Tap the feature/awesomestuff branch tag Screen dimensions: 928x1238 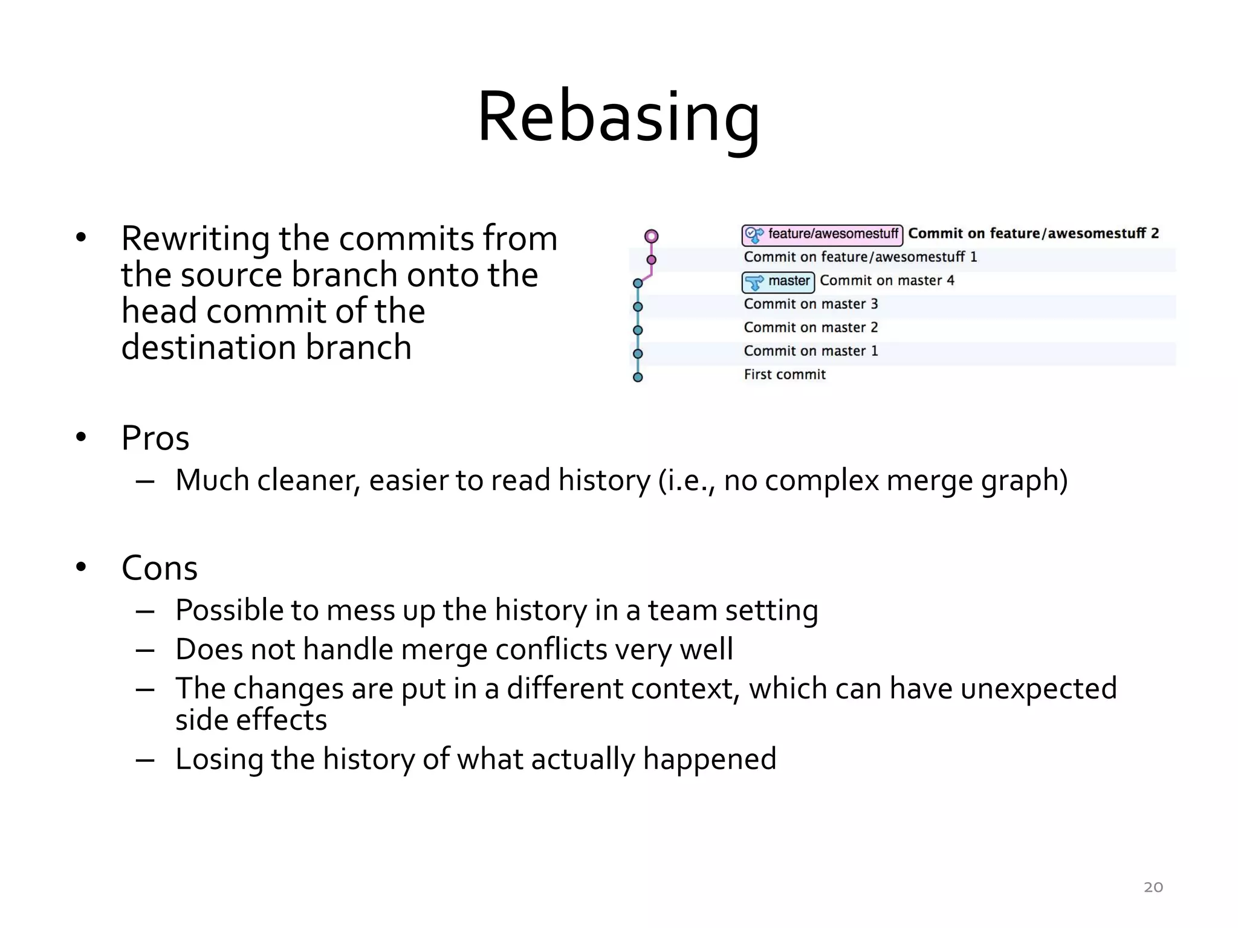822,234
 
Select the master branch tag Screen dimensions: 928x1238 779,282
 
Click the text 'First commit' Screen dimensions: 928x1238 784,375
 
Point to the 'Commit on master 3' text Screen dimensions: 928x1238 811,304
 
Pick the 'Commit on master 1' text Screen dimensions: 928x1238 811,351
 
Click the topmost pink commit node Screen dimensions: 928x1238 651,236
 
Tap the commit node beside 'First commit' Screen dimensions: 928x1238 638,378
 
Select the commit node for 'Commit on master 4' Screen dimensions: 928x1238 638,283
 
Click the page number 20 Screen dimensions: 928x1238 1153,887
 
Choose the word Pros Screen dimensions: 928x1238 155,438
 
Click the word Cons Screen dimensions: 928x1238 160,568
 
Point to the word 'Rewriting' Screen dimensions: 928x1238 195,239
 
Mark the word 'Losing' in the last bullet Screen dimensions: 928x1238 219,759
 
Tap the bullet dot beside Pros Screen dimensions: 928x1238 81,437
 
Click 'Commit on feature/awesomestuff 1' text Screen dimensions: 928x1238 860,257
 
